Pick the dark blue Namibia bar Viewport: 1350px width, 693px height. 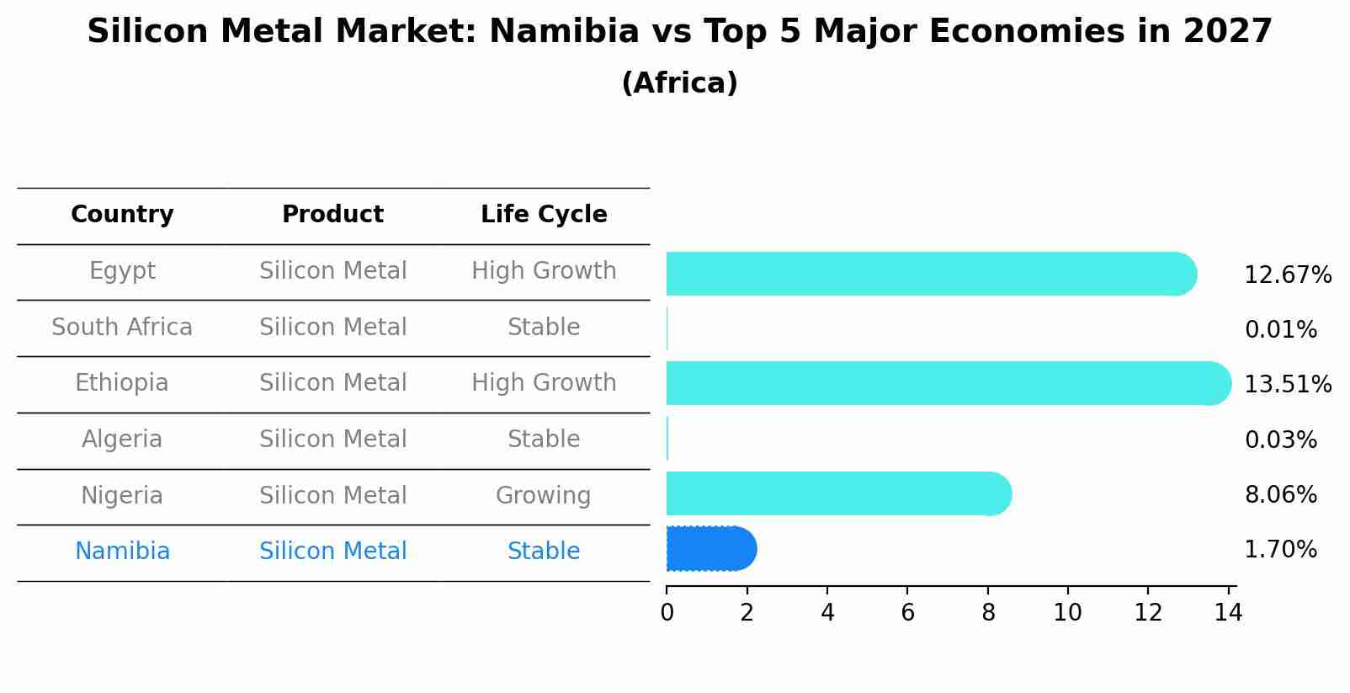coord(710,549)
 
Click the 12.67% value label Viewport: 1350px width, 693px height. coord(1287,275)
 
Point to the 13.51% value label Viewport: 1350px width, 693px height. coord(1287,385)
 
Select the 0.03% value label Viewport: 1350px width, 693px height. coord(1280,440)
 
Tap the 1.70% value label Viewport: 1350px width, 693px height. coord(1280,550)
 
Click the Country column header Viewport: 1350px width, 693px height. coord(122,215)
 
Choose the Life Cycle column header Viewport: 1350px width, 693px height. coord(544,215)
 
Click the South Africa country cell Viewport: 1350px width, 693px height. coord(122,327)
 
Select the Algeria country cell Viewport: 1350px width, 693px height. coord(122,439)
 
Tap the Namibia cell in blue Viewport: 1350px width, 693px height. coord(122,552)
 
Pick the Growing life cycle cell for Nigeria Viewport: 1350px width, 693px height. coord(544,495)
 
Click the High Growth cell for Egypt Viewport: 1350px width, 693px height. coord(544,271)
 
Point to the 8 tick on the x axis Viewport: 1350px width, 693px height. coord(988,612)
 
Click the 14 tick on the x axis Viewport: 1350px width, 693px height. coord(1228,612)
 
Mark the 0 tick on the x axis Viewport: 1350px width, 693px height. coord(667,612)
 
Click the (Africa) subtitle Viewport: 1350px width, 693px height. coord(679,83)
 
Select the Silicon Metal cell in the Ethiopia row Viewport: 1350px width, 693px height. coord(332,383)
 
